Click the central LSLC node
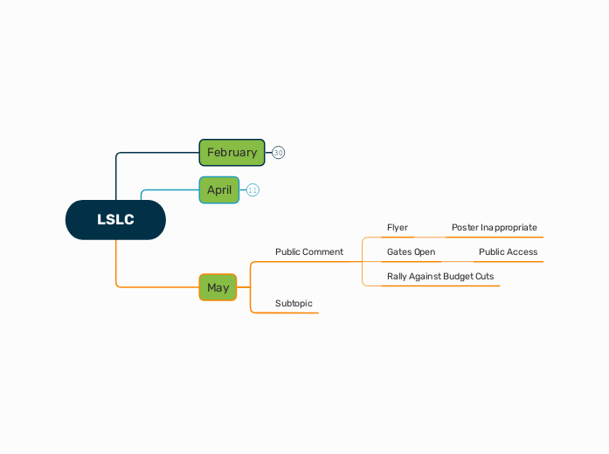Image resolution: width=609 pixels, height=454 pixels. pos(115,220)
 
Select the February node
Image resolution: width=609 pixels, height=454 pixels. pos(232,152)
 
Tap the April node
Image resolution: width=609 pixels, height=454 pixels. pos(219,189)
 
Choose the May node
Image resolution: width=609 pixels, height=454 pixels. pos(218,287)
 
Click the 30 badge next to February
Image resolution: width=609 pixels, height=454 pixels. pos(279,153)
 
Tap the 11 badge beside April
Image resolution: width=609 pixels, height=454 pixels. pos(253,190)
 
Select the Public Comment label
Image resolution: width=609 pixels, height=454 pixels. pos(308,252)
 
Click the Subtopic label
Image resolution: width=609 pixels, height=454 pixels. pos(294,304)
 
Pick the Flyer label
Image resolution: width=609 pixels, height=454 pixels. pos(398,228)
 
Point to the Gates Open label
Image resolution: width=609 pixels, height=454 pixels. pos(411,252)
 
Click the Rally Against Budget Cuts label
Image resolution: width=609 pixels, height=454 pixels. pos(440,277)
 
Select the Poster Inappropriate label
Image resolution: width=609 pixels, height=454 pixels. pos(494,228)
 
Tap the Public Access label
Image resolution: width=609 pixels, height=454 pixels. pos(508,252)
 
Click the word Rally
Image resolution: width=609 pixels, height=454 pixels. pos(398,277)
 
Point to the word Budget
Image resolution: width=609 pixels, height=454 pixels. pos(458,277)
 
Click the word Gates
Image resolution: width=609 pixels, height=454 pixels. pos(399,252)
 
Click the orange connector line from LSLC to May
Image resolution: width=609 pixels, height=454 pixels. pos(116,266)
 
